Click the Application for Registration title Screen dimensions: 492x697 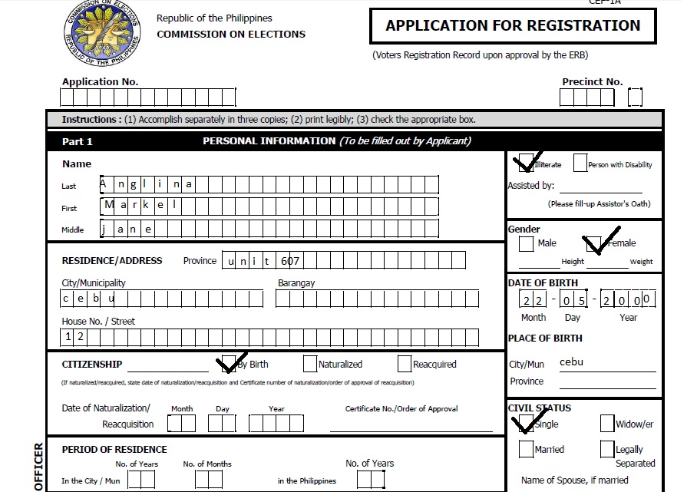(x=512, y=25)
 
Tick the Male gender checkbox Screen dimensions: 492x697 (x=526, y=243)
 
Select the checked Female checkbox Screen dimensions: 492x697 (x=593, y=244)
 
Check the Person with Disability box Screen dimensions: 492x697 (x=580, y=163)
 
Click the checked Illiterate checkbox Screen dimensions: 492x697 (x=524, y=163)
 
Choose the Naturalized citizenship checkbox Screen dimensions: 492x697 (x=309, y=364)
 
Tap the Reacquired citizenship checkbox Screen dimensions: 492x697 (x=405, y=364)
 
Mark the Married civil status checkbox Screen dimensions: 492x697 (x=526, y=449)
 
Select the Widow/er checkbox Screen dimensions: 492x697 (x=607, y=424)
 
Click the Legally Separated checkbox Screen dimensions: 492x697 (x=607, y=449)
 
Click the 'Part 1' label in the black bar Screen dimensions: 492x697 (x=77, y=141)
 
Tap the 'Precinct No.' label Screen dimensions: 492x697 (x=592, y=82)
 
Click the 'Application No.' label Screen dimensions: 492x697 (x=100, y=82)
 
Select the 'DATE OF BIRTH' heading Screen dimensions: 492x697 (x=543, y=282)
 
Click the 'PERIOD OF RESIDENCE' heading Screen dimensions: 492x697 (x=114, y=449)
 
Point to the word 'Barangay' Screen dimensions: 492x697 (x=296, y=282)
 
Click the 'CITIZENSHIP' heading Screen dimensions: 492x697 (x=91, y=364)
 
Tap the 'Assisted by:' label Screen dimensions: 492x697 (x=530, y=185)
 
